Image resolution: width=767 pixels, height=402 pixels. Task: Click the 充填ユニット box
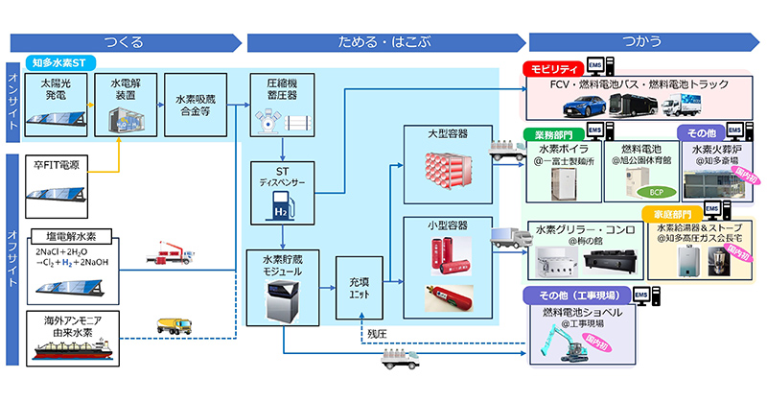coord(359,288)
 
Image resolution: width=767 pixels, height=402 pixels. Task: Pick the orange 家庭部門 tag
coord(672,213)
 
